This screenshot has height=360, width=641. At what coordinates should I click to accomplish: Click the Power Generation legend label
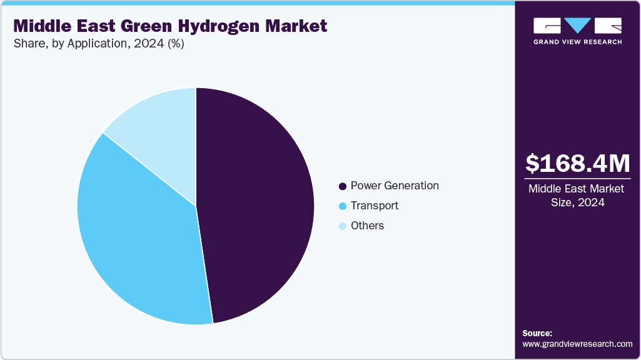395,186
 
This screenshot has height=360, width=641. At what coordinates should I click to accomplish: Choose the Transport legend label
374,206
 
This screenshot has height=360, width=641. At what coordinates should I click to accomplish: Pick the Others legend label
367,226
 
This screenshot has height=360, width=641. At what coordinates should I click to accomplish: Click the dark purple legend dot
342,186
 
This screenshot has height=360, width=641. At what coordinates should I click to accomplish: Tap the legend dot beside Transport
342,206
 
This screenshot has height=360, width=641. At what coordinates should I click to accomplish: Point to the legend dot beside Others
342,226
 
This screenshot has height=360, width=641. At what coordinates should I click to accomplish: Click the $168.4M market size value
577,164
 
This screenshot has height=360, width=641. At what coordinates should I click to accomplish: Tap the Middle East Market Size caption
577,195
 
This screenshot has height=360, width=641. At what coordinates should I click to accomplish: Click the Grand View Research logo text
577,42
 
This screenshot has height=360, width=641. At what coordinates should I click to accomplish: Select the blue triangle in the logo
577,26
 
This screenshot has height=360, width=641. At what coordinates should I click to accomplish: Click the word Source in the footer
537,333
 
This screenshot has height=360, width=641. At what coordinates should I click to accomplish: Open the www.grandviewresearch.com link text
577,344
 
